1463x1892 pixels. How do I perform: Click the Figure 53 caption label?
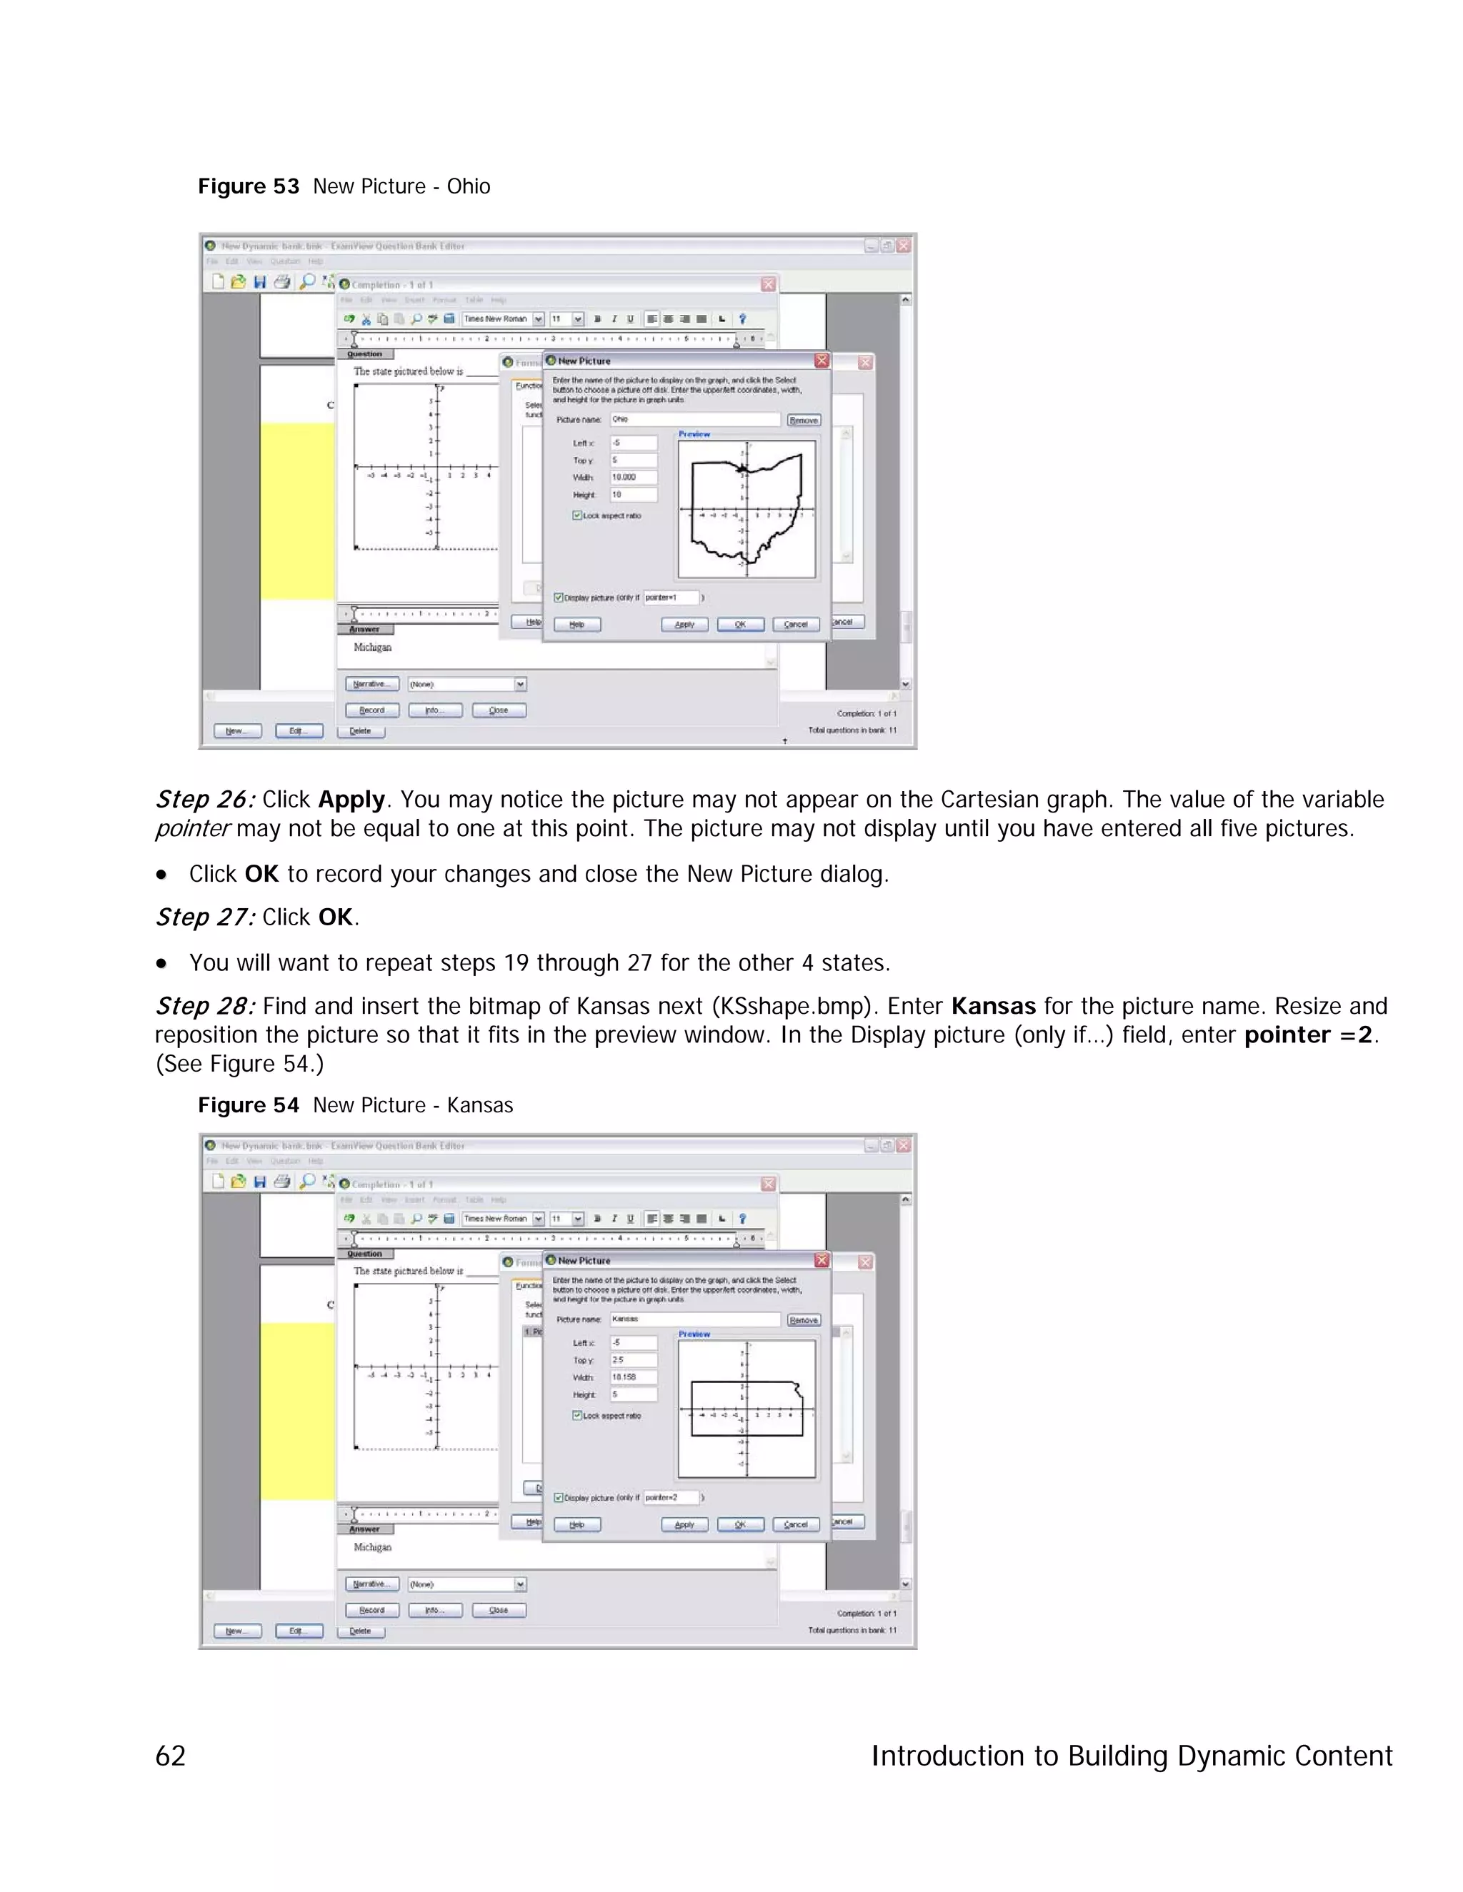(248, 186)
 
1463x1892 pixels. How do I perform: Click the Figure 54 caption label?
(248, 1105)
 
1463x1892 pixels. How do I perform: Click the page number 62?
(170, 1756)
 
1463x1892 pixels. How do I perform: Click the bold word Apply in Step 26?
(351, 800)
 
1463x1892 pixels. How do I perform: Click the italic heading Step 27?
(204, 917)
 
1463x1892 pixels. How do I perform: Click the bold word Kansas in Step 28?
(992, 1007)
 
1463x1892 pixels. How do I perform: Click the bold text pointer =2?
(1307, 1035)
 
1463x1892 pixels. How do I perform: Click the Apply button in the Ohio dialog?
(684, 625)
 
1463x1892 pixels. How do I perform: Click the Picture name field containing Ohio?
(694, 419)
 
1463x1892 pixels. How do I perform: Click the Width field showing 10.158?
(633, 1377)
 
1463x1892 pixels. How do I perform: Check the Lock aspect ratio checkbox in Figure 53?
(576, 515)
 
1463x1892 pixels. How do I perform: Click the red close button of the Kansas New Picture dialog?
(822, 1260)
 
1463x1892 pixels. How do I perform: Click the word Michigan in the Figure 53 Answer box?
(373, 647)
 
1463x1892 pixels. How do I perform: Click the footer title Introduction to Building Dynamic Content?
(1131, 1756)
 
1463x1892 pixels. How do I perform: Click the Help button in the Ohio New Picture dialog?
(576, 625)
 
